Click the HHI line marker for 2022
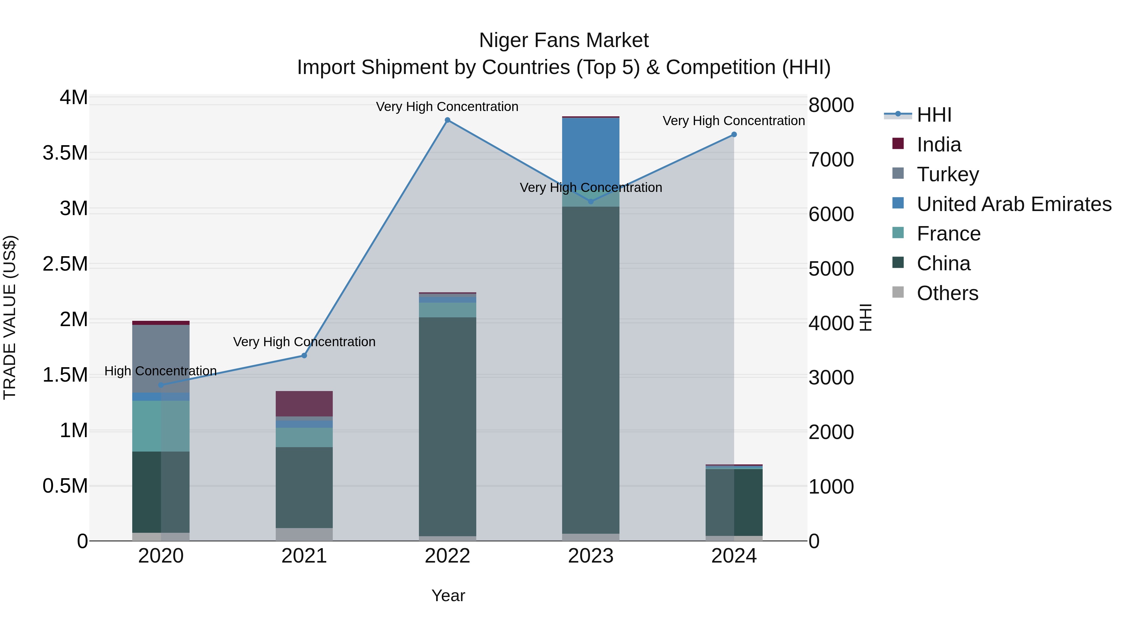[447, 120]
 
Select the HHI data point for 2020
[161, 385]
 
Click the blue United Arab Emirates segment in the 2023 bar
[591, 149]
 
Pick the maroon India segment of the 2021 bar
[304, 403]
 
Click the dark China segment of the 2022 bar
[447, 425]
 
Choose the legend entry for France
[948, 234]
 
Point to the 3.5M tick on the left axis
[65, 153]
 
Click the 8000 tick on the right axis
[831, 105]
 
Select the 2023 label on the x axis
[591, 556]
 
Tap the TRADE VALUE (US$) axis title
[10, 317]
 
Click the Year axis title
[448, 595]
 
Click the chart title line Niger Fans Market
[564, 40]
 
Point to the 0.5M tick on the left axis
[65, 486]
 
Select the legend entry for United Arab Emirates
[1014, 204]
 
